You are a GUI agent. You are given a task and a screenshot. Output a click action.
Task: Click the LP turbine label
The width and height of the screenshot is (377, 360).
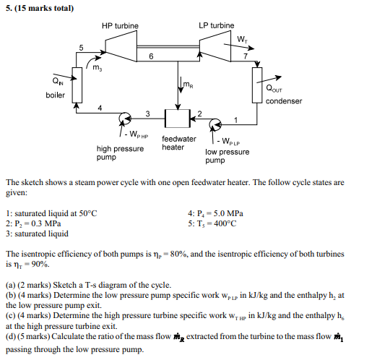[216, 26]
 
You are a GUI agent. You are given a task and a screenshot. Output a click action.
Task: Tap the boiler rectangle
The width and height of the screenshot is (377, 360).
[77, 82]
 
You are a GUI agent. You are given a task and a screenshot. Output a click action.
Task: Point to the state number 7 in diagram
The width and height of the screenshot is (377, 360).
[246, 56]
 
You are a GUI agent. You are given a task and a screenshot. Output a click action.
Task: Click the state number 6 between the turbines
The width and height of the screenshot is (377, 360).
[151, 56]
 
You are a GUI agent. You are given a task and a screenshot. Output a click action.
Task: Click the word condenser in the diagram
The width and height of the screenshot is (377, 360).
[284, 101]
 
